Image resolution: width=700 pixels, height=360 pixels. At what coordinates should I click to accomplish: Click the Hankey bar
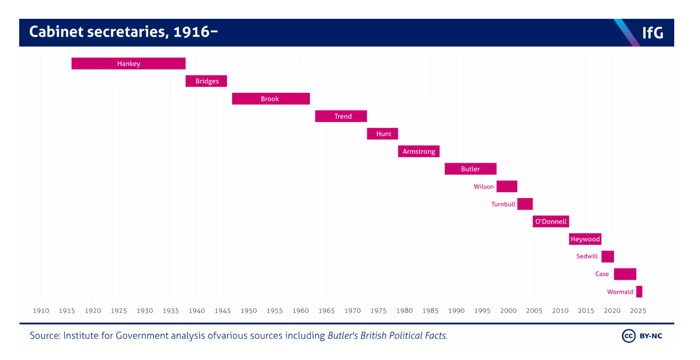pyautogui.click(x=128, y=63)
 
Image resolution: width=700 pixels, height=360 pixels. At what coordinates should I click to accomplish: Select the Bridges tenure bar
pyautogui.click(x=206, y=81)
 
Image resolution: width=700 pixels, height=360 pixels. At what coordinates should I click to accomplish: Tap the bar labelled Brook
pyautogui.click(x=271, y=99)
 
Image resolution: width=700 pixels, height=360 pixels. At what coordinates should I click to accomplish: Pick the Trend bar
pyautogui.click(x=341, y=116)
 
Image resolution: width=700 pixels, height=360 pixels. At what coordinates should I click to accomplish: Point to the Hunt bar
pyautogui.click(x=382, y=134)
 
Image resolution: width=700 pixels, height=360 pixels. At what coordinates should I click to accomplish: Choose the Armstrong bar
pyautogui.click(x=418, y=151)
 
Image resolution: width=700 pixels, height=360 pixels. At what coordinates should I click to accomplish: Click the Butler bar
pyautogui.click(x=470, y=169)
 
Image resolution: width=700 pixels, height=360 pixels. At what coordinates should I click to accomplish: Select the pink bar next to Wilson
pyautogui.click(x=507, y=187)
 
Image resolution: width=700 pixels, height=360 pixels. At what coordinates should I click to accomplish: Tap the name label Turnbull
pyautogui.click(x=503, y=204)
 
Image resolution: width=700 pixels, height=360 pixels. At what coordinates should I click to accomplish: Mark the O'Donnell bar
pyautogui.click(x=550, y=221)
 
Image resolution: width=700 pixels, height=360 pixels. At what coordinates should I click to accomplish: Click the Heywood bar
pyautogui.click(x=585, y=239)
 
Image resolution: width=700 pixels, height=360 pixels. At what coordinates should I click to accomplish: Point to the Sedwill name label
pyautogui.click(x=587, y=256)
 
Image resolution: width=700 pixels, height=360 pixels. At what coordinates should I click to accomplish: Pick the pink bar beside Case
pyautogui.click(x=625, y=274)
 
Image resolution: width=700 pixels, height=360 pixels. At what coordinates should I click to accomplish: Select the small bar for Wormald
pyautogui.click(x=639, y=292)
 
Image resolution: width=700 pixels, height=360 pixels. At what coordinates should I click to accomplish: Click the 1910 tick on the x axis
pyautogui.click(x=41, y=310)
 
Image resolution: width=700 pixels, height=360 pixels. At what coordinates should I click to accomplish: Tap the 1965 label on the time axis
pyautogui.click(x=326, y=310)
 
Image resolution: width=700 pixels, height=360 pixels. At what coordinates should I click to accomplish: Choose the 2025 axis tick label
pyautogui.click(x=638, y=310)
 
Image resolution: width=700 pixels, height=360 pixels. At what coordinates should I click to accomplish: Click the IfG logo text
pyautogui.click(x=652, y=33)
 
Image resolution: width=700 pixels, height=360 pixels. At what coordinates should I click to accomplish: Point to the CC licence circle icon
pyautogui.click(x=628, y=336)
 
